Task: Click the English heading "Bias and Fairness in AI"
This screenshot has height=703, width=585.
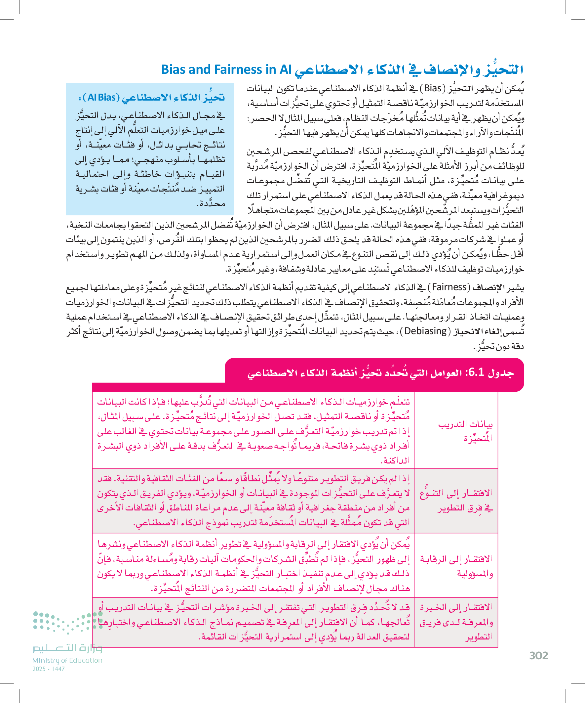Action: coord(226,69)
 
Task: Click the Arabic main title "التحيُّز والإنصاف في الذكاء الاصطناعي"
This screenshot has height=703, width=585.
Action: coord(409,69)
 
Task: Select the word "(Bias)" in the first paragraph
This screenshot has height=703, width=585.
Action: coord(433,88)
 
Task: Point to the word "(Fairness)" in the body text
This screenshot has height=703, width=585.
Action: coord(449,287)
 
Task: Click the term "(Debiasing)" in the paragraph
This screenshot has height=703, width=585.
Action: coord(425,331)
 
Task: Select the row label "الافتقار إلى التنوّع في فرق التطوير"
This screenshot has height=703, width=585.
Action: coord(457,501)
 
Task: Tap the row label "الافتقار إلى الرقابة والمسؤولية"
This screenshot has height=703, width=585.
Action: coord(457,566)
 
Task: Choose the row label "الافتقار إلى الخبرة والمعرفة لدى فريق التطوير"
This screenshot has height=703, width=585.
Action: coord(457,622)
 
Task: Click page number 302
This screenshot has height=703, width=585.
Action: coord(538,655)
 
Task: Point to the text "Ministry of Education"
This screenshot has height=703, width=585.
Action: coord(67,660)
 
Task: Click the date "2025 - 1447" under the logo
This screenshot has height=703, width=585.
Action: coord(49,669)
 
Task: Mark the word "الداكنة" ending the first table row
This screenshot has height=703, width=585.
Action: coord(395,461)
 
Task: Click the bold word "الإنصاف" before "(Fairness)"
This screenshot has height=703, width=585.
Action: coord(486,287)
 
